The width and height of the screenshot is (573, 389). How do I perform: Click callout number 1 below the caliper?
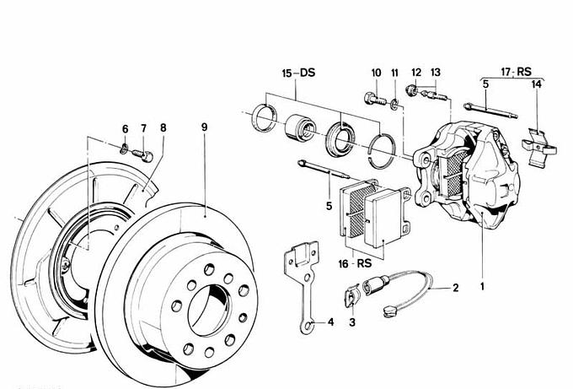point(482,286)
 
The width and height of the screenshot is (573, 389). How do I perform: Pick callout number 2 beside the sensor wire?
point(455,288)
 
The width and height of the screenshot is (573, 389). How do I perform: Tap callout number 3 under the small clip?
point(351,321)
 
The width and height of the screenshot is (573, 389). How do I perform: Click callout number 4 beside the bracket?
point(330,322)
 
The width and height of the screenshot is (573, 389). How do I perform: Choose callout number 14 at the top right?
point(536,84)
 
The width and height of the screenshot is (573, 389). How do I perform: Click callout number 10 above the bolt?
point(376,73)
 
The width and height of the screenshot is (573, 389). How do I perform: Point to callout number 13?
point(435,73)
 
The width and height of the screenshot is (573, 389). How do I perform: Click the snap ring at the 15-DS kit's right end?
point(385,144)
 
